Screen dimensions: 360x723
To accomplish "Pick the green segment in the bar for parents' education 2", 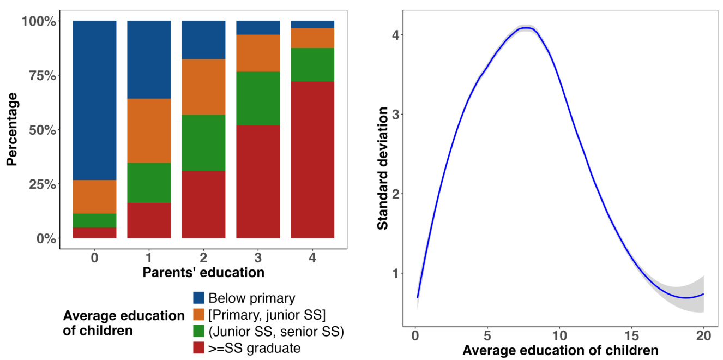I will [x=203, y=143].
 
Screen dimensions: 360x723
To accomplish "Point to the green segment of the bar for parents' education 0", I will [x=95, y=220].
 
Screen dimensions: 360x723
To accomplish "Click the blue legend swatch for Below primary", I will [x=199, y=298].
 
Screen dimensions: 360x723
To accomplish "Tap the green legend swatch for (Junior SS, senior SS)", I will [x=199, y=331].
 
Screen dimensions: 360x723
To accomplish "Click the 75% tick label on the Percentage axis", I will [x=38, y=75].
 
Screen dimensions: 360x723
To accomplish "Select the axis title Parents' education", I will [x=203, y=272].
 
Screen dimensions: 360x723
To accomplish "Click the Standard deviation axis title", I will [x=383, y=168].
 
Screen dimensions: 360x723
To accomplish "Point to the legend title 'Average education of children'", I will [x=124, y=323].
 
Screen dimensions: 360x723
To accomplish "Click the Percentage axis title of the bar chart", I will [x=13, y=130].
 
